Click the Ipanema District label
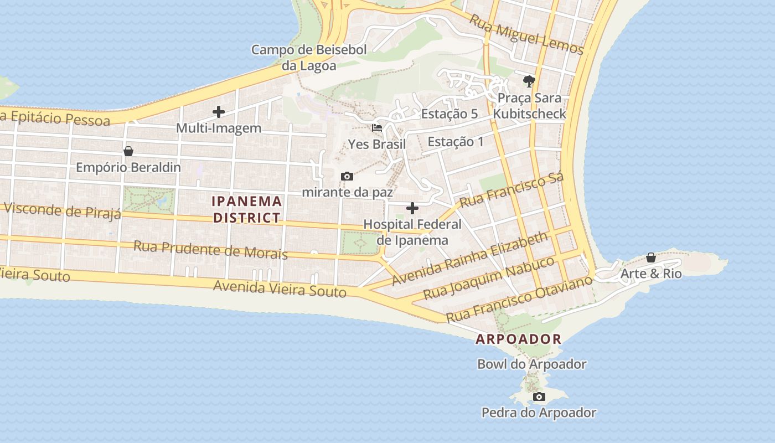[x=247, y=209]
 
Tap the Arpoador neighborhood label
[x=519, y=339]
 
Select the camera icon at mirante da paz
[x=347, y=177]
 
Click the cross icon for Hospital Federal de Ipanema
[x=412, y=208]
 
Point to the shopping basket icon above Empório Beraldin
[x=128, y=151]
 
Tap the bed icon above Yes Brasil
[x=377, y=127]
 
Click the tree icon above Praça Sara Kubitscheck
[x=529, y=81]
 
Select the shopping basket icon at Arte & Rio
[x=651, y=257]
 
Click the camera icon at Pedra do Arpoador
[x=539, y=396]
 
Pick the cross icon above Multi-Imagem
[x=219, y=112]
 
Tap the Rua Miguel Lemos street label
[x=526, y=34]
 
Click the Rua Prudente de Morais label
[x=211, y=250]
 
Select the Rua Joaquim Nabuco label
[x=489, y=278]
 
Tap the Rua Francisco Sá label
[x=512, y=190]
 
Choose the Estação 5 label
[x=449, y=114]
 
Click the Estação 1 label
[x=456, y=142]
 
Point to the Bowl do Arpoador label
[x=531, y=364]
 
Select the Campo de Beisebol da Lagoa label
[x=309, y=58]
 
